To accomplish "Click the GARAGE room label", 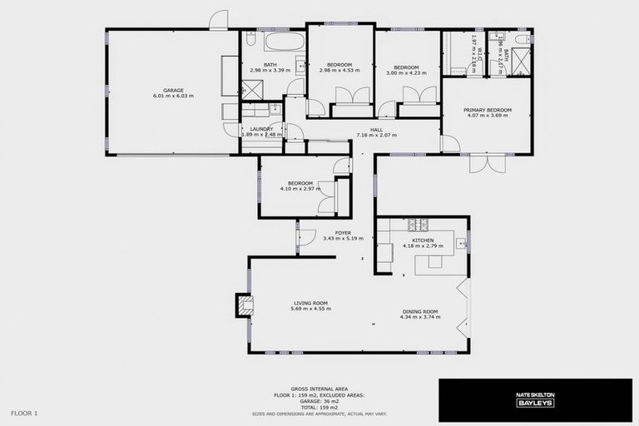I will click(173, 91).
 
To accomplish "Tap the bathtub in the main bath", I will click(285, 42).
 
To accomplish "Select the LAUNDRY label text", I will click(261, 129).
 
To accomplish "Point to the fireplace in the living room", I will click(241, 305).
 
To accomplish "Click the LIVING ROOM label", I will click(310, 303).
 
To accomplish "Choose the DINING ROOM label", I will click(419, 312).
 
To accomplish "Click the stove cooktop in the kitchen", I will click(417, 224).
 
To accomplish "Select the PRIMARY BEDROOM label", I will click(488, 110).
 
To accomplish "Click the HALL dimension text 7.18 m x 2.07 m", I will click(376, 135).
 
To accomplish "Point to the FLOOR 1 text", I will click(24, 413).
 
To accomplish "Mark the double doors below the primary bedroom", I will click(487, 163).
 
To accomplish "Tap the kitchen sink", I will click(460, 243).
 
